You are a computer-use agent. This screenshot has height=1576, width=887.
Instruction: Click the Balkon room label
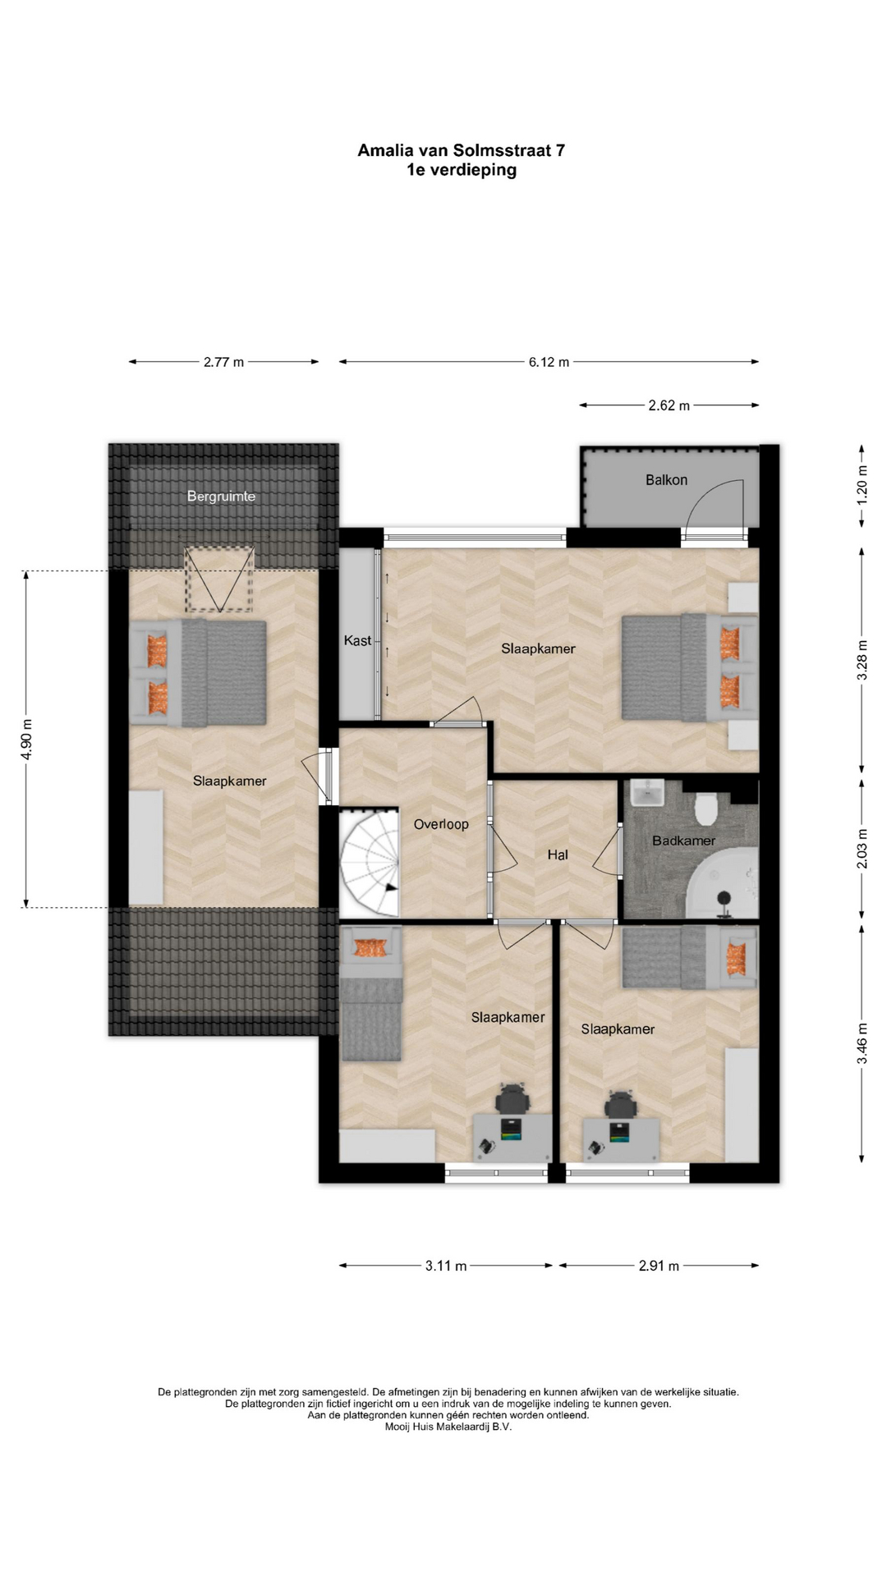tap(666, 480)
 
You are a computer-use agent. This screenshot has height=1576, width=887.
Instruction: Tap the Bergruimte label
tap(221, 497)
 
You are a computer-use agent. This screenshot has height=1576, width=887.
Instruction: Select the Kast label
tap(357, 640)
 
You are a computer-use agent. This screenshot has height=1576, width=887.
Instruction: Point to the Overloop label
tap(441, 824)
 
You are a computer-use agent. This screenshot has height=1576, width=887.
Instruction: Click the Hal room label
tap(558, 855)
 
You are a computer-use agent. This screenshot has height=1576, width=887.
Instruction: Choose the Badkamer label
tap(683, 841)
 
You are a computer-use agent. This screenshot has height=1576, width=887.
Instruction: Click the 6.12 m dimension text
tap(549, 362)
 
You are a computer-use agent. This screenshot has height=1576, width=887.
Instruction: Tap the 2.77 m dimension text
tap(223, 362)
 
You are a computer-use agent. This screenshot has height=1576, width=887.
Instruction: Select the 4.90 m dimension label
tap(27, 740)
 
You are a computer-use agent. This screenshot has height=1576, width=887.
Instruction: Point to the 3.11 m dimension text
tap(446, 1266)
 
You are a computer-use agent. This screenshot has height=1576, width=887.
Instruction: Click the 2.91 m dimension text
tap(659, 1266)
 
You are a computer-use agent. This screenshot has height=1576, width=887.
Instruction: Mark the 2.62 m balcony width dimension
tap(669, 405)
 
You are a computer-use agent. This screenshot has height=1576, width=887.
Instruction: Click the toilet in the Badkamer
tap(706, 809)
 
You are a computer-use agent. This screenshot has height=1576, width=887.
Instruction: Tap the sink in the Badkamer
tap(648, 793)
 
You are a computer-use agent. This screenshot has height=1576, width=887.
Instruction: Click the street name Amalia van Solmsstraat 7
tap(461, 150)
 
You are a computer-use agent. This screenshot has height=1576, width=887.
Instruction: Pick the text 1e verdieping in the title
tap(461, 171)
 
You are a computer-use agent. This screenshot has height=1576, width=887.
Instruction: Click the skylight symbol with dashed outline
tap(218, 579)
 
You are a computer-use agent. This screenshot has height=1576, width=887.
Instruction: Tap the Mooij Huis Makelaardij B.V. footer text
tap(448, 1427)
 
